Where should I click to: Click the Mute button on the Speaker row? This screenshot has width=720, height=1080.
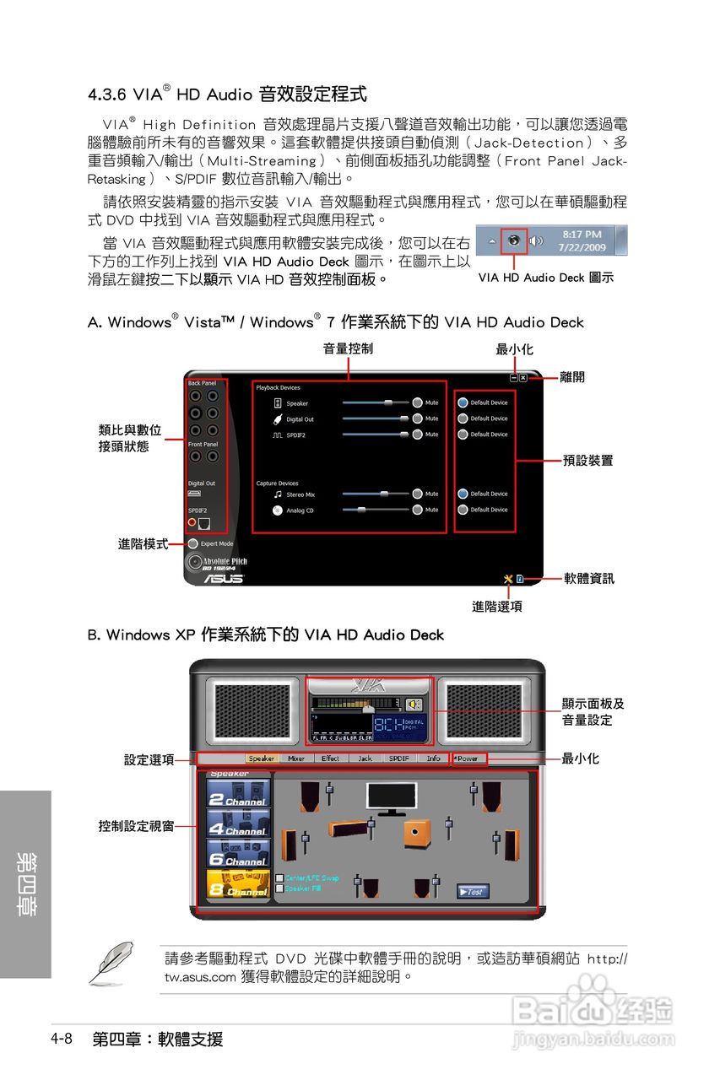[x=417, y=403]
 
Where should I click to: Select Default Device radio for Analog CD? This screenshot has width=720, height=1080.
[x=463, y=510]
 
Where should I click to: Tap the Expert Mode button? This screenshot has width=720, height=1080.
[x=193, y=544]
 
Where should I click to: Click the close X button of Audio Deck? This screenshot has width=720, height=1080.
[x=523, y=377]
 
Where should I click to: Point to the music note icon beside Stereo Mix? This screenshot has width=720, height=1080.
[x=278, y=494]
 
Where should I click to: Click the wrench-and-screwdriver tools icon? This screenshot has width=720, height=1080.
[x=507, y=578]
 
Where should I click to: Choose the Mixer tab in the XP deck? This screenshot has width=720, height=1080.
[x=296, y=759]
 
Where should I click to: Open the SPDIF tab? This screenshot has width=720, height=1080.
[x=399, y=759]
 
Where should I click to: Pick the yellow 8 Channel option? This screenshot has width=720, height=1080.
[x=238, y=885]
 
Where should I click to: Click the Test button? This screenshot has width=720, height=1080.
[x=473, y=891]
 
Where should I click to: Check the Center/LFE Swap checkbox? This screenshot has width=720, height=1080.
[x=279, y=878]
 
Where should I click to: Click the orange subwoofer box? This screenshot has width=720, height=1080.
[x=416, y=834]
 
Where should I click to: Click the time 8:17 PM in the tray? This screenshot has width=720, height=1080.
[x=582, y=234]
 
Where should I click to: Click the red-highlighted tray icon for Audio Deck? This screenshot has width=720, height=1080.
[x=513, y=240]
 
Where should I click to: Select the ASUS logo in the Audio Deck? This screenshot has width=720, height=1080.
[x=223, y=579]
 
